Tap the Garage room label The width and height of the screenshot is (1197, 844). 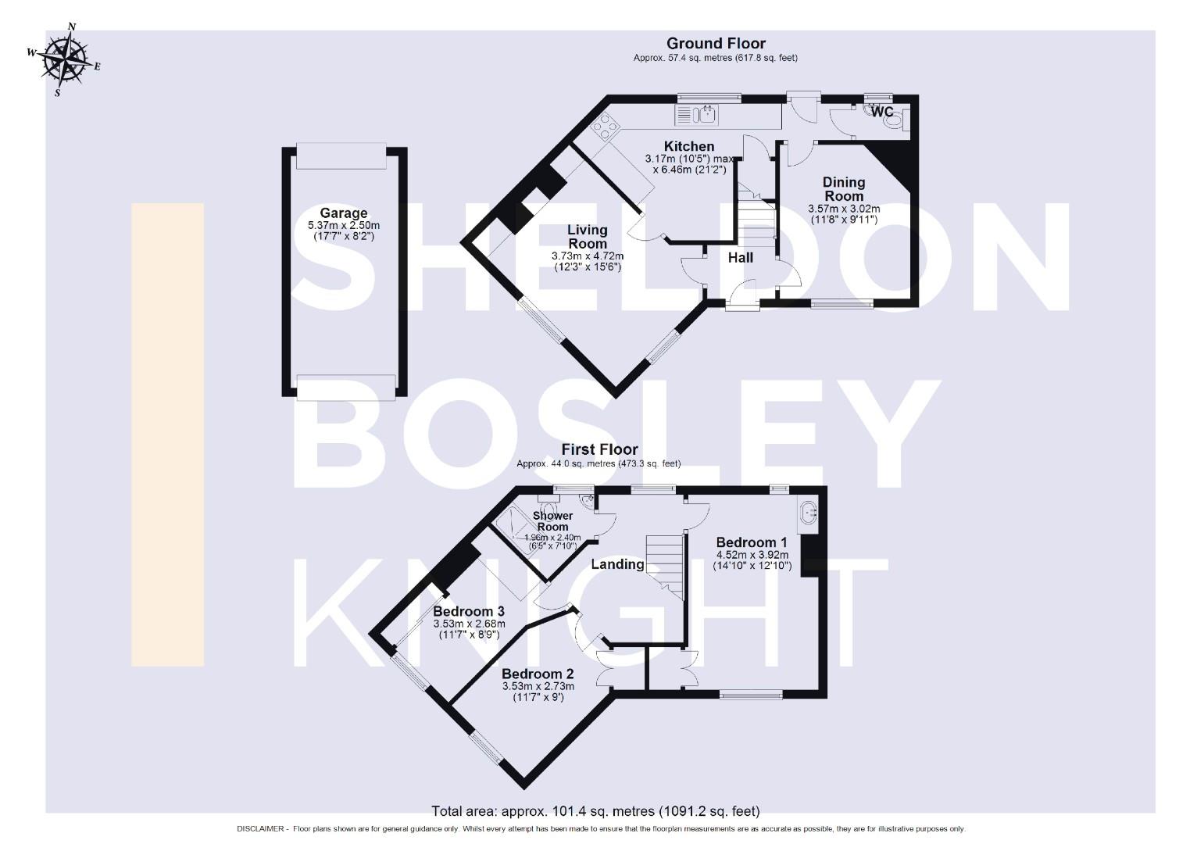[x=343, y=213]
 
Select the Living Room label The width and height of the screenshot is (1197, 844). [x=587, y=236]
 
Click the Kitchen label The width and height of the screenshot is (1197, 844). [x=688, y=146]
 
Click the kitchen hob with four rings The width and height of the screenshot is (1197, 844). [x=605, y=126]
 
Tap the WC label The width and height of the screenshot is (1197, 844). [x=882, y=113]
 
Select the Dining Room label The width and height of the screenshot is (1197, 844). [x=844, y=188]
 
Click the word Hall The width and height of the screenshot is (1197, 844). [x=740, y=257]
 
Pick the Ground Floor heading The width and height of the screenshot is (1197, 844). [x=716, y=44]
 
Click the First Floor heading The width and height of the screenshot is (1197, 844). [x=599, y=449]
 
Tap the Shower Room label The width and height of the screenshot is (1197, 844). [x=552, y=521]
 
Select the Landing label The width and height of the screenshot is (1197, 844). [x=617, y=563]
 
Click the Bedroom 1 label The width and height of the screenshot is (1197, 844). [x=751, y=542]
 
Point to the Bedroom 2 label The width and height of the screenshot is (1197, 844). [x=538, y=674]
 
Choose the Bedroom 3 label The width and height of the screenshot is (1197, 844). [x=469, y=611]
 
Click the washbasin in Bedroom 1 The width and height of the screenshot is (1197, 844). [x=808, y=513]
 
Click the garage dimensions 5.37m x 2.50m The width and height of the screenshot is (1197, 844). [x=344, y=225]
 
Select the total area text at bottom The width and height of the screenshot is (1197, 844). [x=595, y=811]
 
